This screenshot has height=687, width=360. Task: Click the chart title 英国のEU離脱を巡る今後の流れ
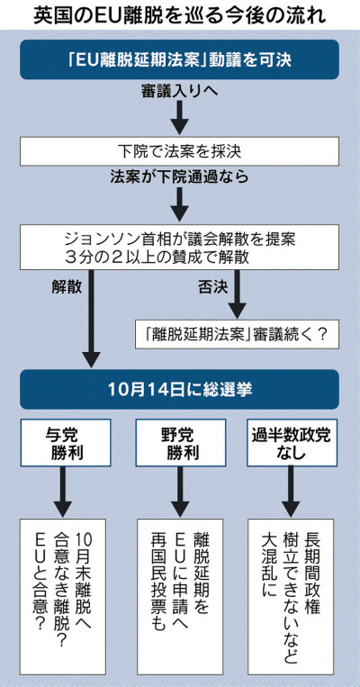(180, 16)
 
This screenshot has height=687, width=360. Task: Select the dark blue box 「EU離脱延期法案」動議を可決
(180, 59)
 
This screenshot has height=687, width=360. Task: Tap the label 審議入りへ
(180, 92)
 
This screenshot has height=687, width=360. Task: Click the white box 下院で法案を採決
(180, 151)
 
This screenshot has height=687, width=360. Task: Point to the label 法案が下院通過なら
(180, 177)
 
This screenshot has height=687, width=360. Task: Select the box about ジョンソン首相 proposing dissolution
(180, 247)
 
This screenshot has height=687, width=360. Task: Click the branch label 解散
(66, 286)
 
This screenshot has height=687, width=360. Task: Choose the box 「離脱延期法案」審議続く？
(237, 334)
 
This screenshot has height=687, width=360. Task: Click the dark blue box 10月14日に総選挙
(180, 390)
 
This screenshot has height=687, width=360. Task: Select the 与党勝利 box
(66, 442)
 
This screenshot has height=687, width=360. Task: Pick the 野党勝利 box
(180, 442)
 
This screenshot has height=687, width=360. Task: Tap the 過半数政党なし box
(292, 442)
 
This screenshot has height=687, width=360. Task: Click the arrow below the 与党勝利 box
(63, 491)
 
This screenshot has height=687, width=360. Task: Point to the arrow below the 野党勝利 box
(180, 491)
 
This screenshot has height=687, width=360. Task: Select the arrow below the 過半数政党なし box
(291, 491)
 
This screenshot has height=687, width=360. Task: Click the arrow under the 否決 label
(238, 294)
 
